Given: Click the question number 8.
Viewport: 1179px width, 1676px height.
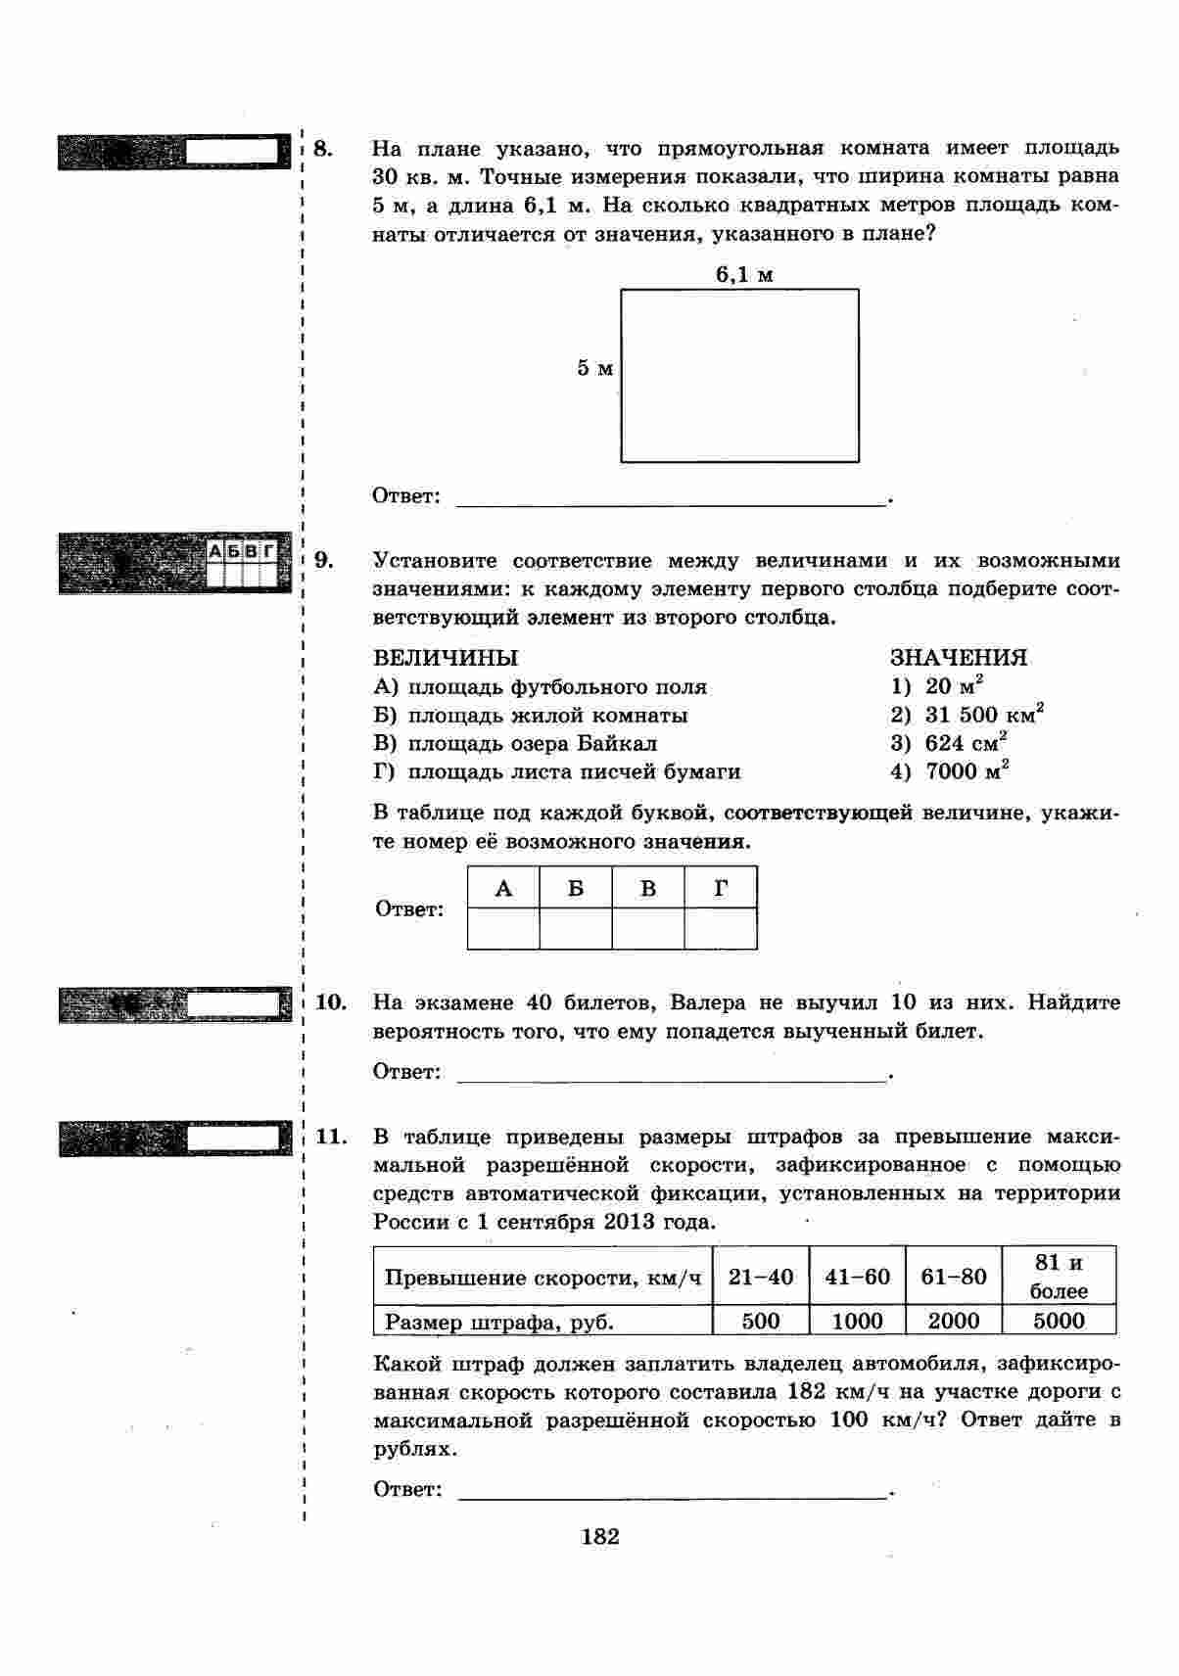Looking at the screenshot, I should [324, 150].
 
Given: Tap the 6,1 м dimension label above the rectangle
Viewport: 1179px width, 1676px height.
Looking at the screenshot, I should [744, 275].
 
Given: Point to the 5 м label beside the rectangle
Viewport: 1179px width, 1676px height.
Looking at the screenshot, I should [594, 368].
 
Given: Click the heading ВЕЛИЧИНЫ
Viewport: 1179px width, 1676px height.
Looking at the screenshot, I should [446, 658].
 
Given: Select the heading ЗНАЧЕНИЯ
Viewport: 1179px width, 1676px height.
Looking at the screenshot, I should [958, 658].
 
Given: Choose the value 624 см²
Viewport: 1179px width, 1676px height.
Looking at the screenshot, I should [966, 743].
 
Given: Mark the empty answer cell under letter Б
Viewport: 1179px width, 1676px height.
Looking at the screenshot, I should [576, 929].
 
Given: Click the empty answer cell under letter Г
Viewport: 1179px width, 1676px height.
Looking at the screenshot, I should [721, 929].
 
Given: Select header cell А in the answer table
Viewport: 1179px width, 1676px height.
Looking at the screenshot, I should [503, 888].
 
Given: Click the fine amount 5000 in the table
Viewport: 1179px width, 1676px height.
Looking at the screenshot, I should [1059, 1321].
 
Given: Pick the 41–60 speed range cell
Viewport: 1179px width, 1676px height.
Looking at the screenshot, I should [857, 1277].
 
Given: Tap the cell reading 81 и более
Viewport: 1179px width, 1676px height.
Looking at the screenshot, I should [1059, 1277].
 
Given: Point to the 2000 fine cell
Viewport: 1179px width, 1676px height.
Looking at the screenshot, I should [954, 1321].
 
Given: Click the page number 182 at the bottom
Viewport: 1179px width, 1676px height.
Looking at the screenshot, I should [599, 1536].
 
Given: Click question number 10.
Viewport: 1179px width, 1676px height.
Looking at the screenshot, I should [332, 1002].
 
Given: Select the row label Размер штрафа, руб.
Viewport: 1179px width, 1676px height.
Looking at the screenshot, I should [499, 1322].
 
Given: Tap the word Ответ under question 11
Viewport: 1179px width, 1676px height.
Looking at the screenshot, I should [407, 1489].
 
